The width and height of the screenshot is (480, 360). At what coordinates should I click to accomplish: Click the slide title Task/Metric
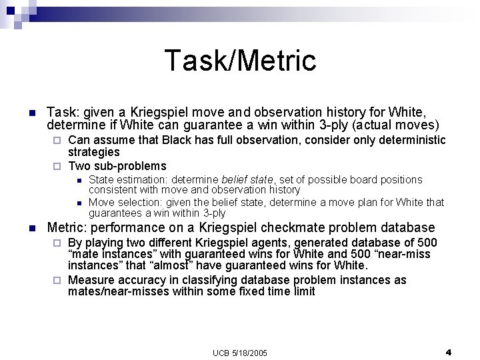240,60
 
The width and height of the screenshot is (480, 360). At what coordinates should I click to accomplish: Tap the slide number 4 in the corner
448,351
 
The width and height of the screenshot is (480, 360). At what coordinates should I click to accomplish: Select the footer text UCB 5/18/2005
240,351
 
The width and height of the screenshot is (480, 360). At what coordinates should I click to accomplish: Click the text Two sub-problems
117,166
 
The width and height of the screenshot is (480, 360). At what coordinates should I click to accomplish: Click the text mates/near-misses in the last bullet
114,291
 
